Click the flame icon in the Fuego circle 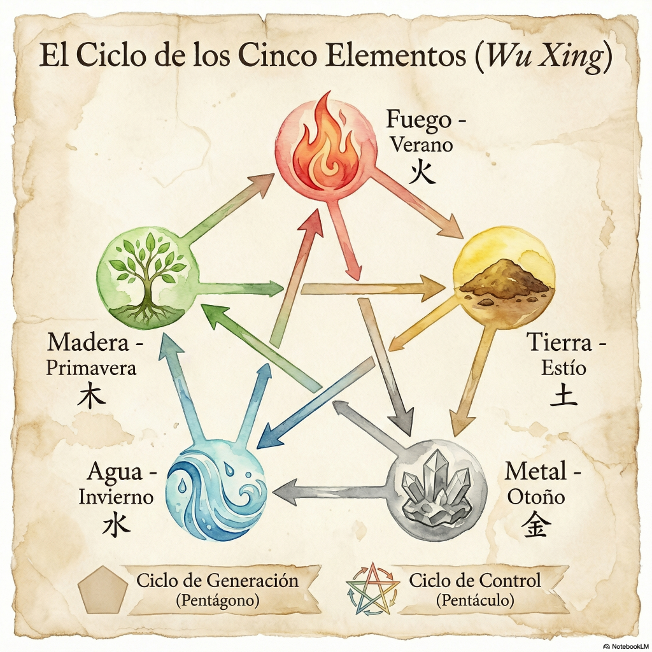326,141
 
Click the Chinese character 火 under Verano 422,172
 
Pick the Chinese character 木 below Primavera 91,395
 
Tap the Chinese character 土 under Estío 563,394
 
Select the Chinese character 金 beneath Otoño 536,524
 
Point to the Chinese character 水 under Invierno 116,524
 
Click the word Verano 422,145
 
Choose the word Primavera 91,369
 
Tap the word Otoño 536,497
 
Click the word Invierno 116,497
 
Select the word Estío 563,368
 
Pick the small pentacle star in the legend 372,589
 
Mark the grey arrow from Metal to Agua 330,490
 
